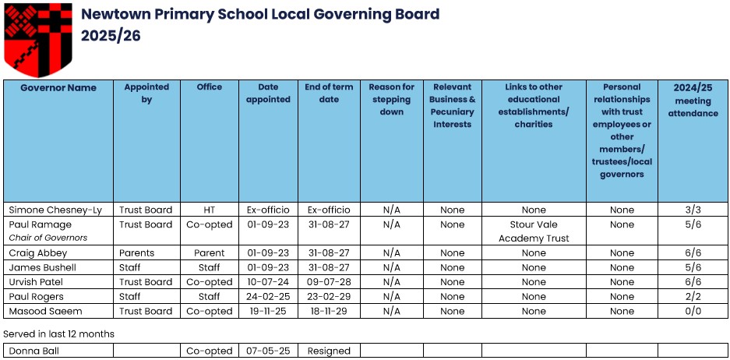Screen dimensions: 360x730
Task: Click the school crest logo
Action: pos(37,36)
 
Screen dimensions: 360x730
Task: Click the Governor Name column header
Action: pos(58,87)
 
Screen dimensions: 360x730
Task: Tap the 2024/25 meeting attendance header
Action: pos(693,100)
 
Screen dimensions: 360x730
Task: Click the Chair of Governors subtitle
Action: pos(48,238)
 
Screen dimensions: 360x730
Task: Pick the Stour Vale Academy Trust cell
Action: pos(534,231)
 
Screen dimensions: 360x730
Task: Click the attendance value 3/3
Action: pos(693,210)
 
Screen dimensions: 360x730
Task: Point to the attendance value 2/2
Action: pos(693,297)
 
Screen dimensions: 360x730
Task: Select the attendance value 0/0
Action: pos(693,311)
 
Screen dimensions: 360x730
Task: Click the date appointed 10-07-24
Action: pos(268,282)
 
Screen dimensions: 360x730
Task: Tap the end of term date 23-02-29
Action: pos(329,297)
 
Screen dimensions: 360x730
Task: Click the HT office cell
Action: pos(209,210)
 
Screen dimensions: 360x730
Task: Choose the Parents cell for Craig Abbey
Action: pos(137,253)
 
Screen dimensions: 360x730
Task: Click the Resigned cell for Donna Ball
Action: pos(329,351)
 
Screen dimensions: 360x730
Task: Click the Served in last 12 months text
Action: pos(59,334)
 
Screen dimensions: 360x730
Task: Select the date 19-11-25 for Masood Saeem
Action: pos(268,311)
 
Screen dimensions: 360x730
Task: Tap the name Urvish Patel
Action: pos(36,282)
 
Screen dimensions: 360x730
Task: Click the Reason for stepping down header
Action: pos(391,99)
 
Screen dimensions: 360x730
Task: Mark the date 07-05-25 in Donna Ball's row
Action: pos(268,351)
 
